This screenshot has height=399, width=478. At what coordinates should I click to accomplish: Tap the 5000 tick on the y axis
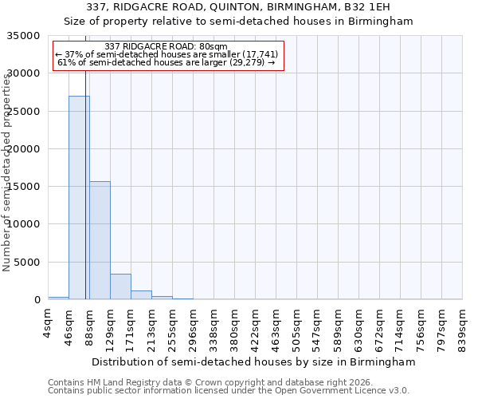pos(27,262)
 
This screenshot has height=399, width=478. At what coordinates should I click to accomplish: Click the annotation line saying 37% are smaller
pos(167,54)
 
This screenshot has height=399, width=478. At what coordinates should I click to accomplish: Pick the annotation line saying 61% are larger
pos(167,62)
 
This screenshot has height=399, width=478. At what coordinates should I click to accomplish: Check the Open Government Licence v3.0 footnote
pos(229,390)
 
